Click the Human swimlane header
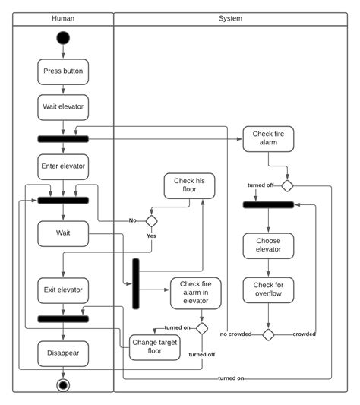click(63, 17)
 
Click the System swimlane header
click(230, 17)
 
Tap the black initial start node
click(63, 38)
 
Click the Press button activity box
click(63, 71)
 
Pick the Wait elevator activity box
click(63, 107)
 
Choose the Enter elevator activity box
click(63, 166)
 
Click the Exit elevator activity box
click(63, 290)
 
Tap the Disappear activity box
click(63, 353)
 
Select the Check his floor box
click(189, 185)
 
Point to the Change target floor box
click(155, 346)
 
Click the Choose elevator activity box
click(268, 245)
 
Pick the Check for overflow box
click(268, 290)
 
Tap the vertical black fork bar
click(136, 283)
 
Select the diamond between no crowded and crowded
click(268, 334)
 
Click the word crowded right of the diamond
click(304, 334)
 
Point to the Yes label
click(151, 236)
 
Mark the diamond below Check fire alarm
click(287, 185)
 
